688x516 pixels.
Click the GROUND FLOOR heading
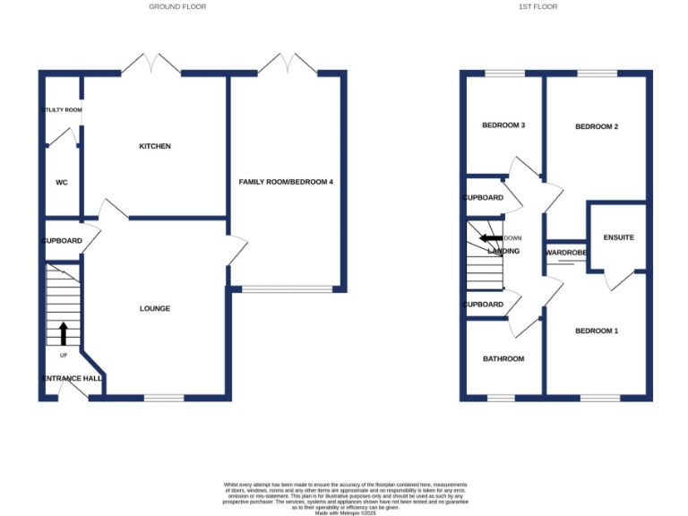pos(177,6)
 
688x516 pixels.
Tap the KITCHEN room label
pos(154,146)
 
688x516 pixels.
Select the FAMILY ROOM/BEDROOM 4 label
pos(286,182)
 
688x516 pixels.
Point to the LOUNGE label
pos(154,309)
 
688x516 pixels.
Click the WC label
pos(62,182)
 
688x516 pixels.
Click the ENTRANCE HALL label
pos(72,378)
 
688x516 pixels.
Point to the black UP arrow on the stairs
pos(63,333)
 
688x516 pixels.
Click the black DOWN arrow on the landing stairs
pos(490,238)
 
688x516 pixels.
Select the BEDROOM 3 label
pos(503,125)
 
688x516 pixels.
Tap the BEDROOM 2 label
pos(597,127)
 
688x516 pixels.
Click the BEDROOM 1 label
pos(597,331)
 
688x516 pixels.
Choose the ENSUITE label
pos(618,237)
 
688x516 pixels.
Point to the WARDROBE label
pos(566,254)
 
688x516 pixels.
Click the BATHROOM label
pos(503,358)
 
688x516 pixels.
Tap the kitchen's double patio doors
pos(151,65)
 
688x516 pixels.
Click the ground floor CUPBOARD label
pos(62,241)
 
